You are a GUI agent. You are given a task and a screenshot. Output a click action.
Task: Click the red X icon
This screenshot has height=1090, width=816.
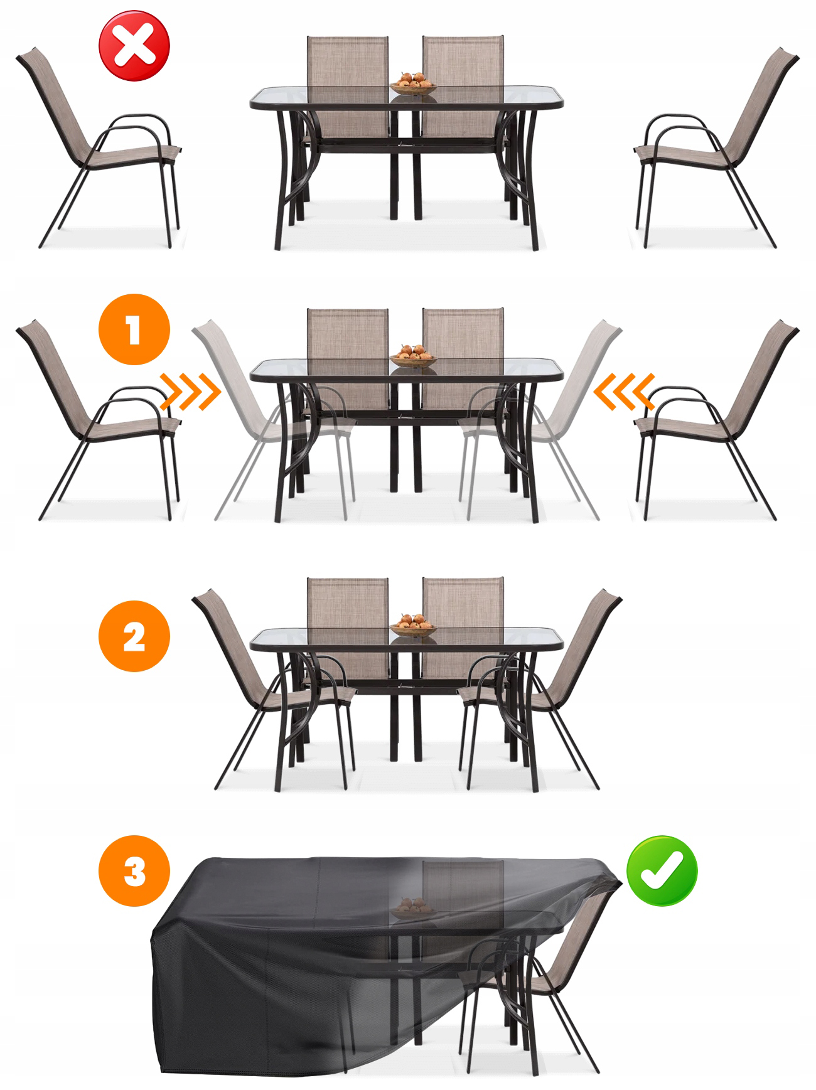134,46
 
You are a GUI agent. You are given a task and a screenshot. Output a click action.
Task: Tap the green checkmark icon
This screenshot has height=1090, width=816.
662,870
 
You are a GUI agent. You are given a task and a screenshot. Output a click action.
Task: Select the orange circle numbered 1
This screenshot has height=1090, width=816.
134,329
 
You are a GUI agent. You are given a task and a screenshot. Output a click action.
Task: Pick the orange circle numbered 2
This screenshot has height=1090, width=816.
134,636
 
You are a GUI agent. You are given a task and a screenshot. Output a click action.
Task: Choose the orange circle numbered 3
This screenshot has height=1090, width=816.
134,870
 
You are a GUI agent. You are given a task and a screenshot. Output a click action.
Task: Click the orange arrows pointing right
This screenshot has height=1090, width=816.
191,392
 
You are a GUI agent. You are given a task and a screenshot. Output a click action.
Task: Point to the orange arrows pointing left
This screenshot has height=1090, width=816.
624,392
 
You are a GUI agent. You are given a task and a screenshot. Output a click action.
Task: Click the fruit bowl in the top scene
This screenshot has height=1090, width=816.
413,83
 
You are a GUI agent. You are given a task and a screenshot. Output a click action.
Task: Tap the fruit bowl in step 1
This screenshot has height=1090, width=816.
413,356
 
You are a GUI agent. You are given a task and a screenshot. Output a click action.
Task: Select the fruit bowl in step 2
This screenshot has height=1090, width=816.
413,625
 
